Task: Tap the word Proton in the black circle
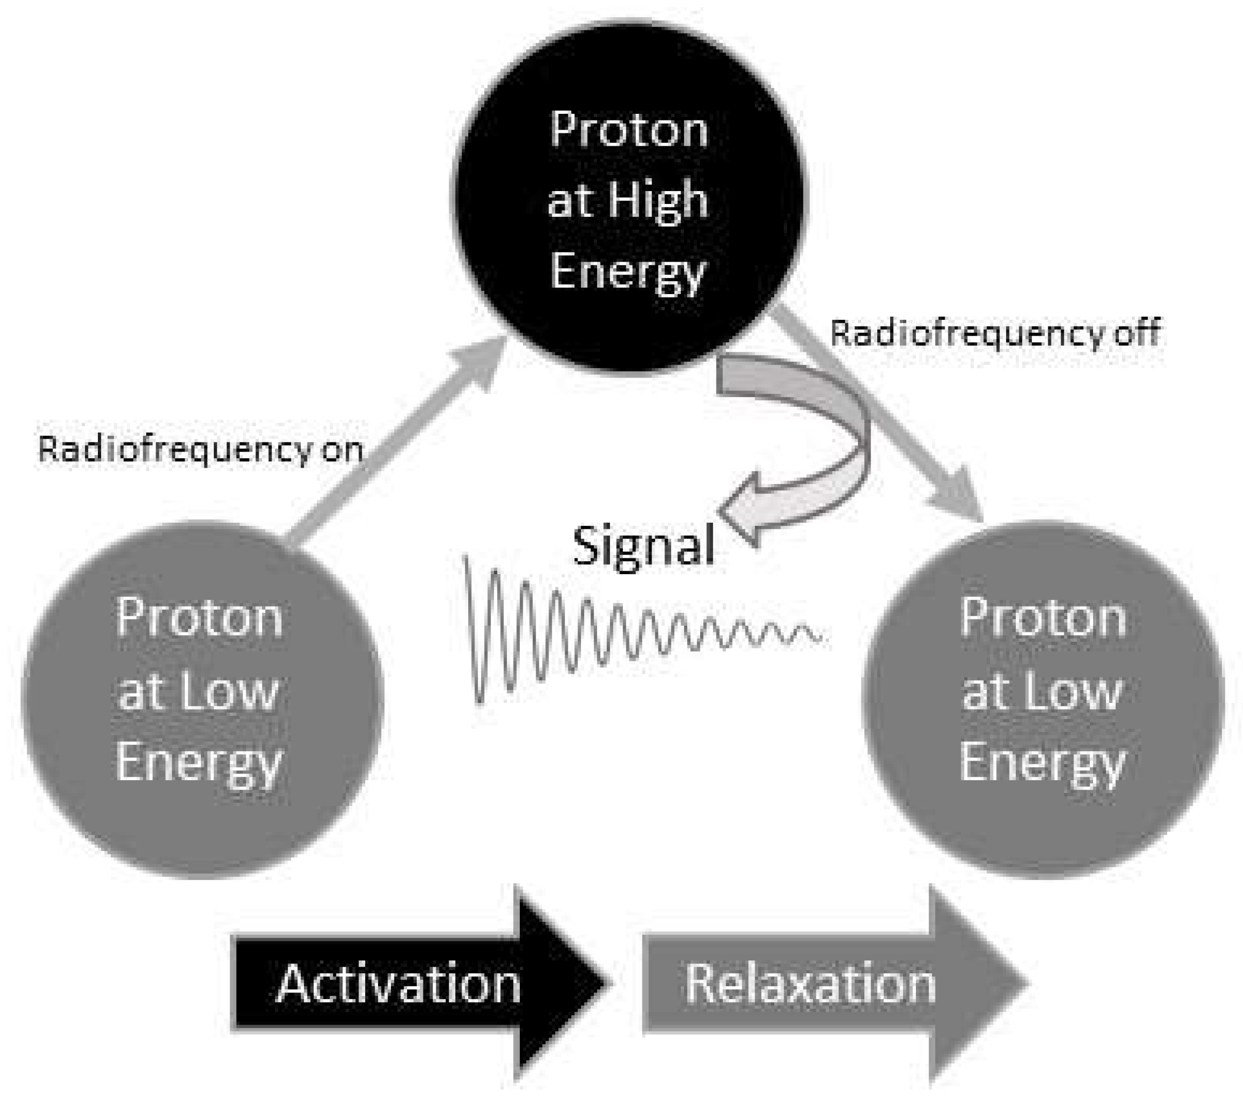pyautogui.click(x=629, y=130)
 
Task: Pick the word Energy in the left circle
pyautogui.click(x=199, y=764)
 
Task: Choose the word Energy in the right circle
pyautogui.click(x=1043, y=764)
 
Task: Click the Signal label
pyautogui.click(x=643, y=545)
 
